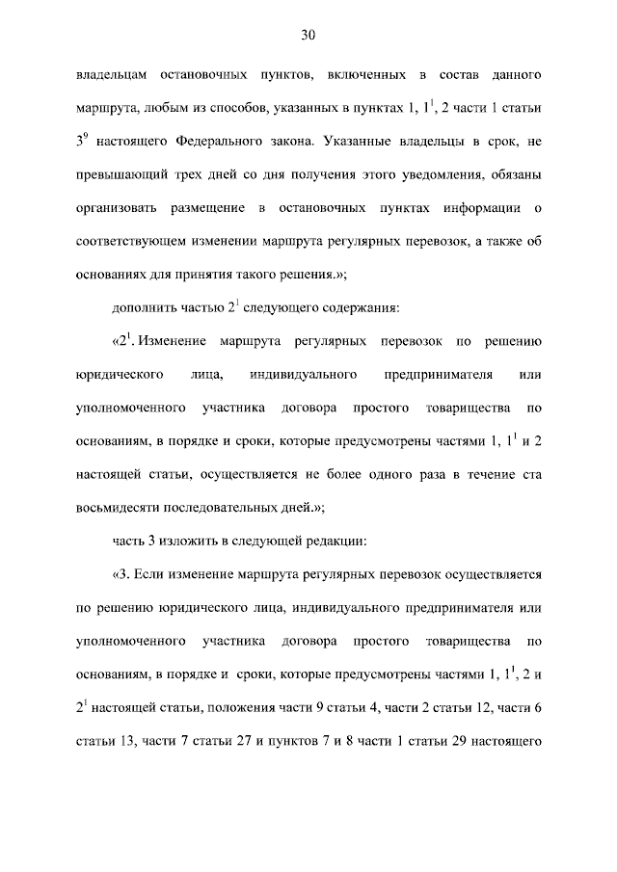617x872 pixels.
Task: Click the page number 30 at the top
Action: point(308,36)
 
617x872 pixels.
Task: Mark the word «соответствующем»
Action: point(133,243)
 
